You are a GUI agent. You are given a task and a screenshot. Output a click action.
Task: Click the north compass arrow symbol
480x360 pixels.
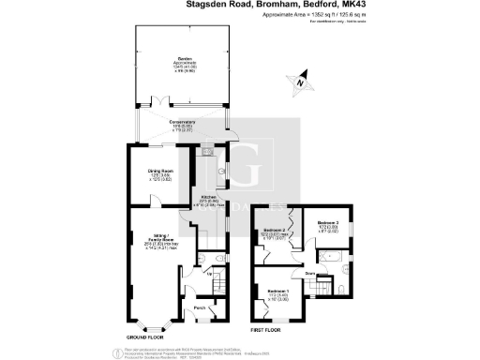point(300,82)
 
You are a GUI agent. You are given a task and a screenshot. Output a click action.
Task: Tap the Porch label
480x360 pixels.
point(200,307)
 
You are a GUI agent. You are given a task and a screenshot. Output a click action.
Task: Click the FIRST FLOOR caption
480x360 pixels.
point(267,329)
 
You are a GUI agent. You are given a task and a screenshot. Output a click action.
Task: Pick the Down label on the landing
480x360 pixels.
point(309,274)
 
